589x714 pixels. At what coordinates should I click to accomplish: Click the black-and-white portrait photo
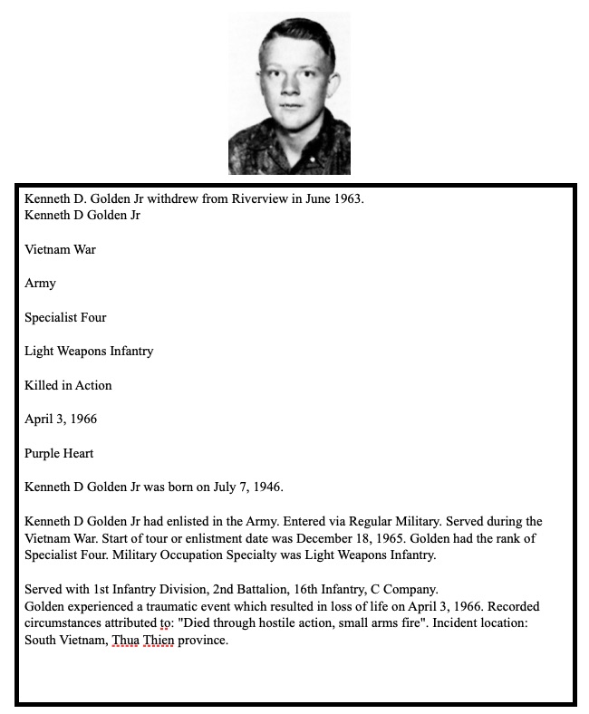289,93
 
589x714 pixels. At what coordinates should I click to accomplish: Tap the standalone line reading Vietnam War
60,249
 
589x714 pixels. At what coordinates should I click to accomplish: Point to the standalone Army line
40,283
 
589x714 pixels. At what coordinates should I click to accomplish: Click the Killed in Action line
68,385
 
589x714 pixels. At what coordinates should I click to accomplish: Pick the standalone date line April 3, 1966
61,420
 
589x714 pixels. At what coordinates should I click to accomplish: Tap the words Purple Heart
59,453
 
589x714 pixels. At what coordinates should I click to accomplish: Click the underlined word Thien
159,641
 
